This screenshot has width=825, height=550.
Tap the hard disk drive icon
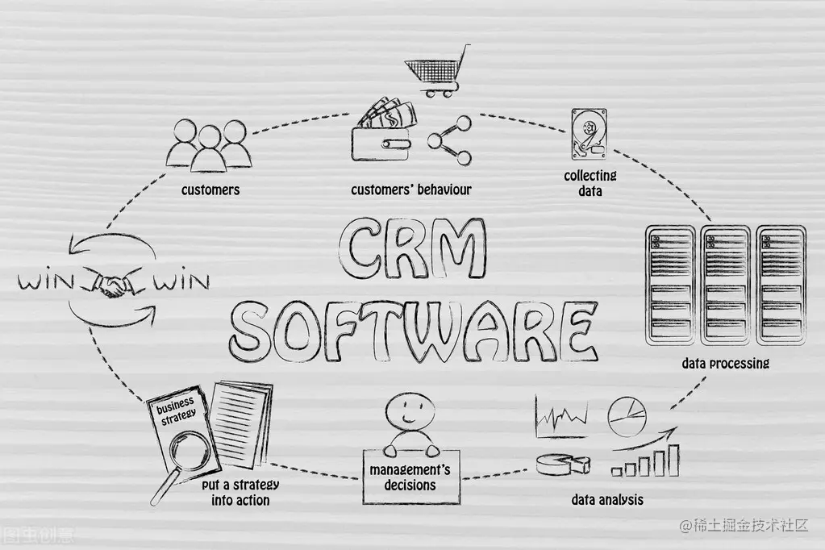(588, 134)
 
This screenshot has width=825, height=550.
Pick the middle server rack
(725, 285)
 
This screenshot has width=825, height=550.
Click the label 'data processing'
(725, 363)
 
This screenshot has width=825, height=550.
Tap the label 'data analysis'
(607, 499)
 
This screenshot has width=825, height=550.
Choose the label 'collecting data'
(590, 183)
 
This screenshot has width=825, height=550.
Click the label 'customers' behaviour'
(410, 190)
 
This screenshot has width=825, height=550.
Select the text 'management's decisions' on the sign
(409, 477)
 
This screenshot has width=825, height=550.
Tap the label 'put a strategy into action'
(240, 492)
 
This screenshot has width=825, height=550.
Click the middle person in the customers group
(210, 149)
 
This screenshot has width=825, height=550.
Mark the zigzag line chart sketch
(563, 417)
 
